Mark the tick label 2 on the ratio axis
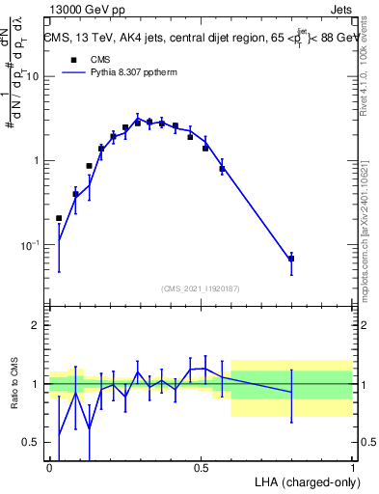[x=35, y=325]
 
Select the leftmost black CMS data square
[x=59, y=218]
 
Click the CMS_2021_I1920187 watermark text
[x=201, y=288]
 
